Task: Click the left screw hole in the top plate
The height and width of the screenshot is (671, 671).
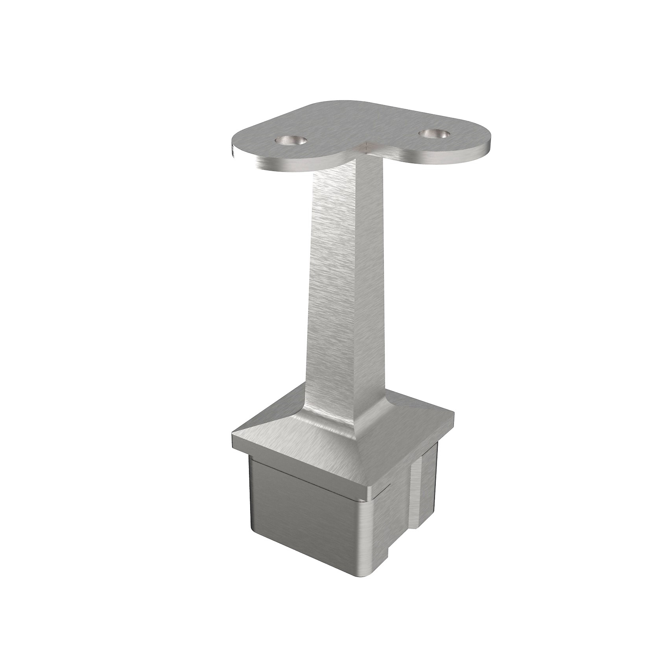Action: (291, 140)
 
